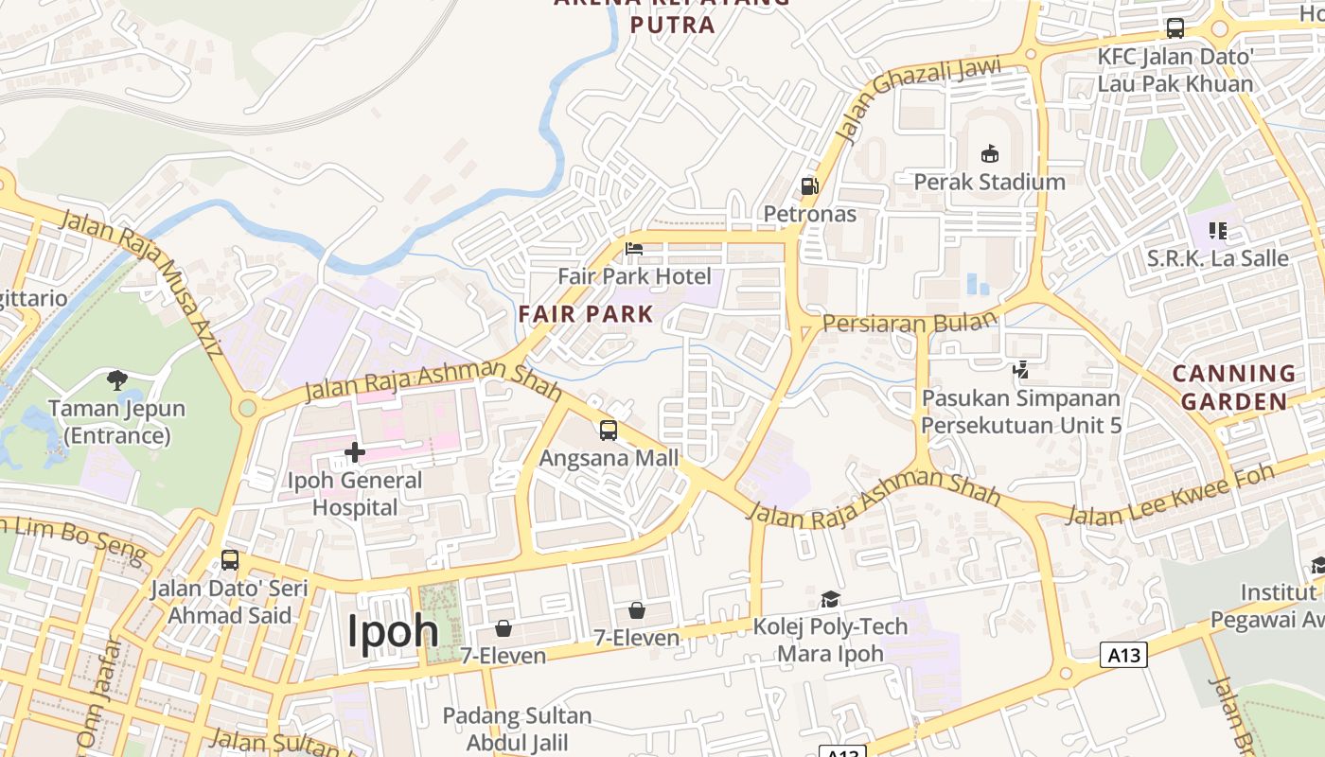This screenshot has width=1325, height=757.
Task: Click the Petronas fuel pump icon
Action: tap(809, 186)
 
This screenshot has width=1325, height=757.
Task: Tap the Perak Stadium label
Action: tap(989, 182)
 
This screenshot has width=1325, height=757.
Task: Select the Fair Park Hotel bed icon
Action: tap(634, 249)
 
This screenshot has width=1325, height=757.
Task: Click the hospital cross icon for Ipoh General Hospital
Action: tap(355, 453)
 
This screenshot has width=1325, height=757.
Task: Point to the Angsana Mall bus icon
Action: tap(609, 431)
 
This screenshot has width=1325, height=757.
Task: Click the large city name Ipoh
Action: tap(393, 631)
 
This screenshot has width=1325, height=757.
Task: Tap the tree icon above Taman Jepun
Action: tap(117, 380)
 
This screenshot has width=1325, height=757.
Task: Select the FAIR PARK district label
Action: tap(586, 314)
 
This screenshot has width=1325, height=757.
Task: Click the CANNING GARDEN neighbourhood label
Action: tap(1234, 387)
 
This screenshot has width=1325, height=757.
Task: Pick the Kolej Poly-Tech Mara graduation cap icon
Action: tap(830, 599)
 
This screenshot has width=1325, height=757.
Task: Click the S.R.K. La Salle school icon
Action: tap(1218, 230)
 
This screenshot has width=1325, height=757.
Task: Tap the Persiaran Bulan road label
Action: tap(910, 321)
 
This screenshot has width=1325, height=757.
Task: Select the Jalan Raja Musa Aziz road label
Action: tap(142, 281)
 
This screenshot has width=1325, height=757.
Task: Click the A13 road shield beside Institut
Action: tap(1123, 654)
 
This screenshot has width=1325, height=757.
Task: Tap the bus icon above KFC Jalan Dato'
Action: tap(1175, 28)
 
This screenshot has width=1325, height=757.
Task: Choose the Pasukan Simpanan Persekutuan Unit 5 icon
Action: tap(1021, 370)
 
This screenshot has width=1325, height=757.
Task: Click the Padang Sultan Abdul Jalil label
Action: tap(517, 729)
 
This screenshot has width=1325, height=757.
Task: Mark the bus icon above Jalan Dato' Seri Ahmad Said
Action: tap(230, 560)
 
